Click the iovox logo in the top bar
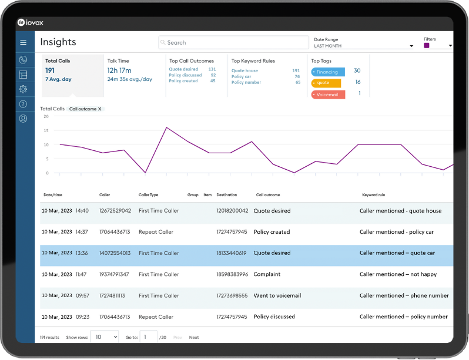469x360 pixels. (30, 23)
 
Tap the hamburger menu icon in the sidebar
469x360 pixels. (24, 42)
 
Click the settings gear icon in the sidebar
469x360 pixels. (24, 89)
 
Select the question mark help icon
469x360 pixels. (24, 104)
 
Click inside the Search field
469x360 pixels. (233, 43)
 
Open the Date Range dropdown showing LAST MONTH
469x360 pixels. (363, 45)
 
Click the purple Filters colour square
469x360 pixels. (427, 46)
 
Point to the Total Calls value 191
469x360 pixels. (50, 70)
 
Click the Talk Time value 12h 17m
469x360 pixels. (120, 70)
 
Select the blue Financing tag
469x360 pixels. (328, 72)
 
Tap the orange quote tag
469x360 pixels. (326, 83)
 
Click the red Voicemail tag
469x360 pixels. (328, 94)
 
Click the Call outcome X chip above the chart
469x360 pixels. (85, 109)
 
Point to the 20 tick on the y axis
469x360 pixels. (47, 116)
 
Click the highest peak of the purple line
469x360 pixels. (167, 127)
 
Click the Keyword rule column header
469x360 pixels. (373, 195)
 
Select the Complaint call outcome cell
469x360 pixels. (267, 274)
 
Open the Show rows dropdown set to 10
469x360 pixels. (106, 337)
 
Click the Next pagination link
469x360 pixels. (194, 338)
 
